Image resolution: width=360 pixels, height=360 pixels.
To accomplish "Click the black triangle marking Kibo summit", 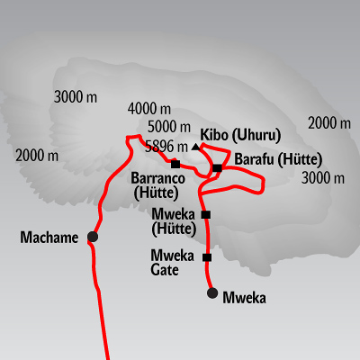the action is click(x=196, y=147).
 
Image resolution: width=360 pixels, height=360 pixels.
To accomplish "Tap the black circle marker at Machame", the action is click(x=93, y=237).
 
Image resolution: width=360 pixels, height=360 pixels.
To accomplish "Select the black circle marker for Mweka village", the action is click(x=212, y=292).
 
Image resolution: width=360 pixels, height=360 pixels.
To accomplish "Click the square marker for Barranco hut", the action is click(x=175, y=164).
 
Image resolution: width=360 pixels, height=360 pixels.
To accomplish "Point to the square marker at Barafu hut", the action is click(x=217, y=168).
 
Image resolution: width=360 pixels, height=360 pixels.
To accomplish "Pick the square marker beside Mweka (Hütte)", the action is click(x=206, y=215).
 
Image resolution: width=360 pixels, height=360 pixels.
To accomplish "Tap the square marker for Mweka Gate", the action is click(x=207, y=257).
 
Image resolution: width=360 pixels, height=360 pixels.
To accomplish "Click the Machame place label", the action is click(x=49, y=238).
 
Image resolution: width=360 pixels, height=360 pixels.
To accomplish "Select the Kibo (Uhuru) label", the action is click(x=240, y=135).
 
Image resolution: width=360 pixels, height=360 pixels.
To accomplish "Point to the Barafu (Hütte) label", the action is click(x=278, y=159).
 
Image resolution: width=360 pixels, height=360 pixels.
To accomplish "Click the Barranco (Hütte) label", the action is click(x=157, y=186).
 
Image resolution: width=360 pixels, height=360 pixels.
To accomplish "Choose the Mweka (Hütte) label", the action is click(x=174, y=222).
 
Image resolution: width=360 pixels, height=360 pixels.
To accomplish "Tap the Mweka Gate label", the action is click(x=173, y=263).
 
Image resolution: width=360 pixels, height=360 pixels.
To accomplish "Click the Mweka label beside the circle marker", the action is click(x=244, y=298).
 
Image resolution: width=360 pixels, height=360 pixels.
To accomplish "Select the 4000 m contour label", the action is click(x=149, y=109).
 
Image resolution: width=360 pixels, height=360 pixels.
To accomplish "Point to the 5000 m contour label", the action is click(x=169, y=127).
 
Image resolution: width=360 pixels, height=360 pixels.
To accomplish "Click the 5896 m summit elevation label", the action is click(x=166, y=147).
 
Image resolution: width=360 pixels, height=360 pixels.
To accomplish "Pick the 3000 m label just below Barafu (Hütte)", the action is click(x=323, y=178).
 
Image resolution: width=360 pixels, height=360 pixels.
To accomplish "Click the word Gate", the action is click(x=165, y=270).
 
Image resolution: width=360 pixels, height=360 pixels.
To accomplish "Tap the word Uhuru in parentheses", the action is click(x=256, y=135).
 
